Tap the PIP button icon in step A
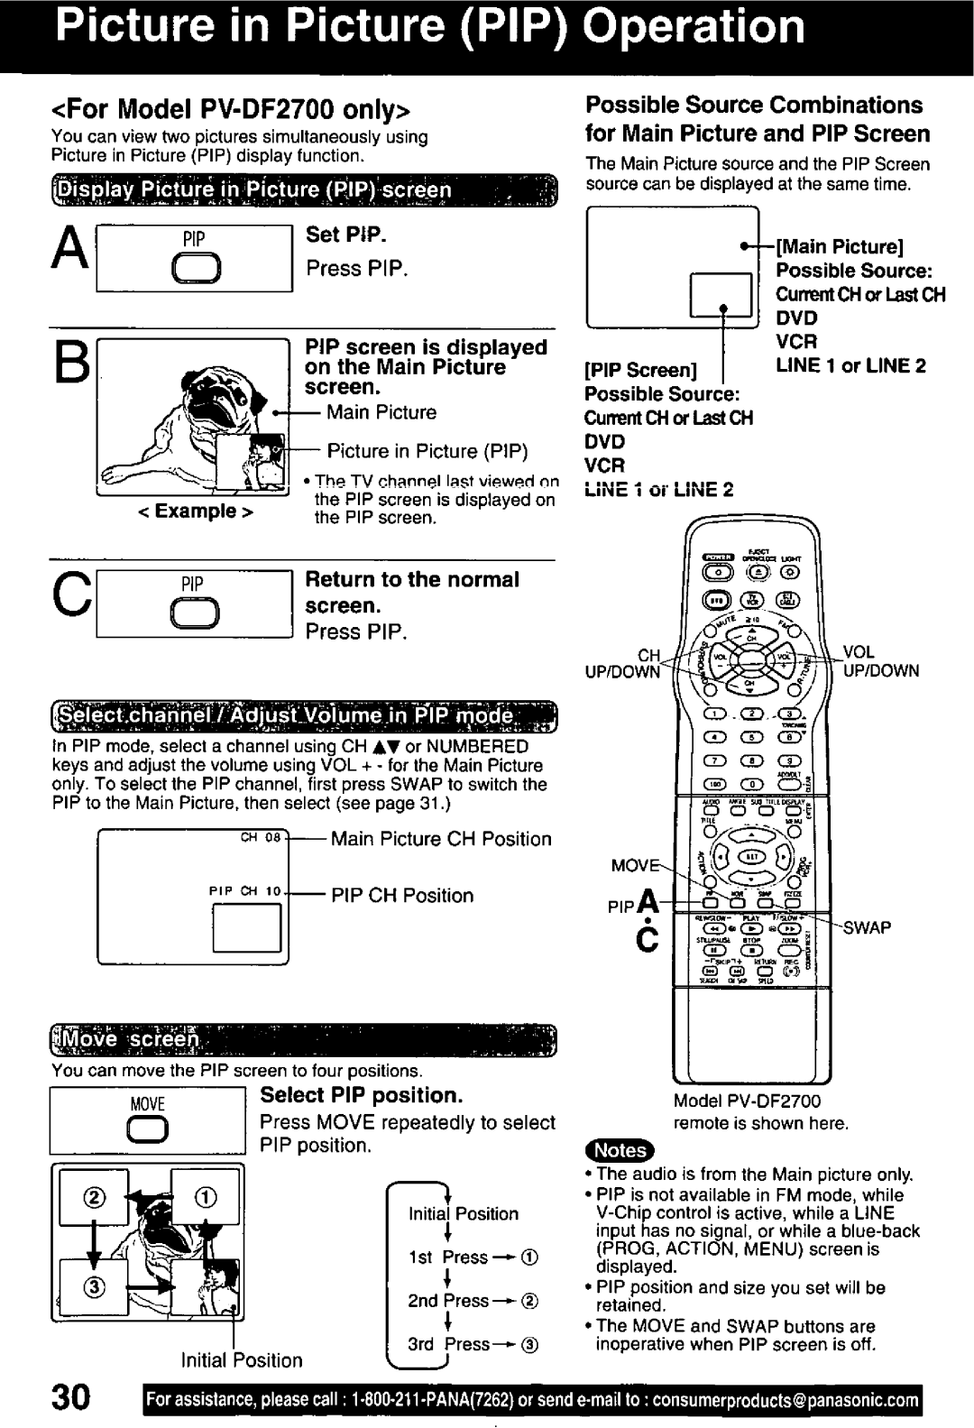click(x=194, y=271)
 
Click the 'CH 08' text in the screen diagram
click(x=262, y=837)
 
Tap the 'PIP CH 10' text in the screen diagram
click(x=245, y=893)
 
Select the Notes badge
click(x=620, y=1150)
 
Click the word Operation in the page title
click(x=693, y=26)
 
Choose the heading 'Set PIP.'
click(x=346, y=235)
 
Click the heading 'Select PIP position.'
click(x=361, y=1095)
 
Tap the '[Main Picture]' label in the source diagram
click(x=840, y=247)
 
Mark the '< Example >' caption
click(x=194, y=511)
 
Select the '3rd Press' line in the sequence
click(x=448, y=1343)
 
